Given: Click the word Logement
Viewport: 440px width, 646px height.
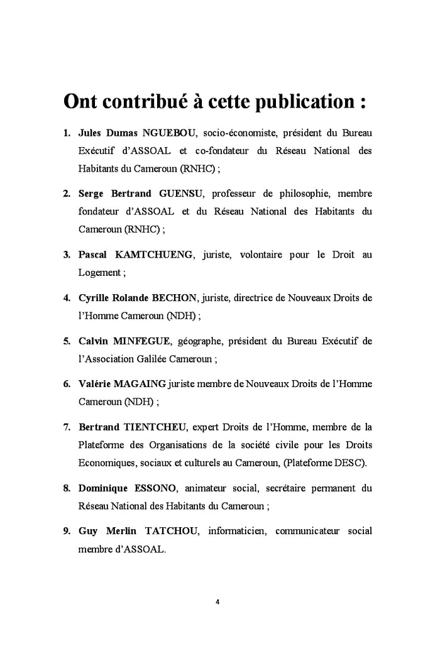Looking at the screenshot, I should pos(99,273).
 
